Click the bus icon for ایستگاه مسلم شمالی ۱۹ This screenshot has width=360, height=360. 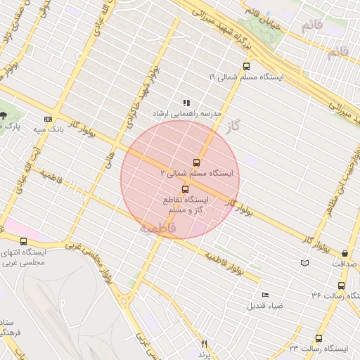(245, 66)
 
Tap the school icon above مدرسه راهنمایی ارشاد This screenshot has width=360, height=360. (186, 103)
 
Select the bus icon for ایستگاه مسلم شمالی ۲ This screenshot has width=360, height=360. (196, 162)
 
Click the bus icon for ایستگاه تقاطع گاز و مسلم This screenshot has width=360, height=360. (186, 189)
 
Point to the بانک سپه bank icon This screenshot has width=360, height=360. (48, 119)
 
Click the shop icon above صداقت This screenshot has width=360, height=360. (345, 253)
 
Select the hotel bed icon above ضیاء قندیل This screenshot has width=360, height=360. (265, 295)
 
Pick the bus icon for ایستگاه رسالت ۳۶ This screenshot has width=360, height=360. (341, 285)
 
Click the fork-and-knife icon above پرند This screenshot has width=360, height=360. (205, 344)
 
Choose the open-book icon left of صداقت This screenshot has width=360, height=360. (304, 263)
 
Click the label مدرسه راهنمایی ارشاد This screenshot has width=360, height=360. (187, 113)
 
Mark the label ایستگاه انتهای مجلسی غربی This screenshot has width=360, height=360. (34, 257)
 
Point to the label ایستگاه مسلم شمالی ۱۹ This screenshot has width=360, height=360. (245, 76)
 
